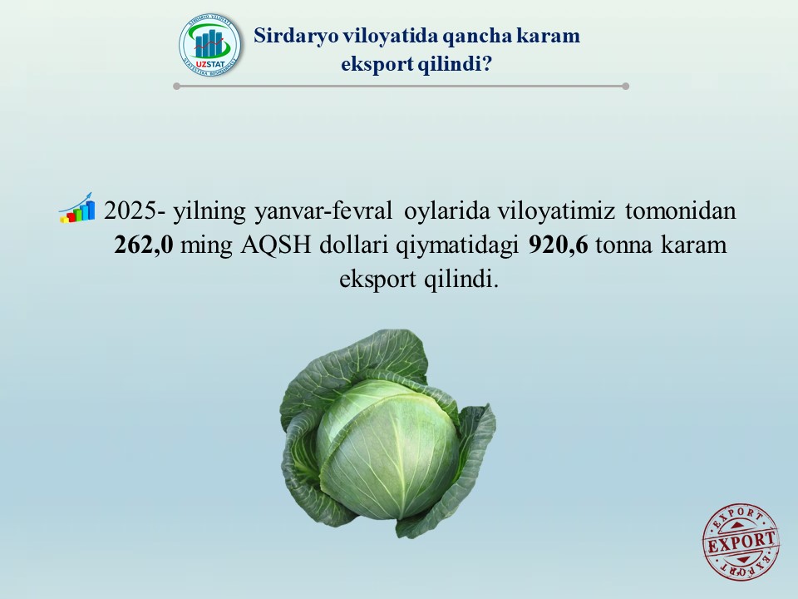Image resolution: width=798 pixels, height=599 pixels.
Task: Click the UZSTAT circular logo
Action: point(209,46)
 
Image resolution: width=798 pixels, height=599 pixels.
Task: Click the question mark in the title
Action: point(486,64)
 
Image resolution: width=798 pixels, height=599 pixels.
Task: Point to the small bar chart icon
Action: point(76,208)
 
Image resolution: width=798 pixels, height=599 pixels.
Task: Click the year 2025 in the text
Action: point(130,210)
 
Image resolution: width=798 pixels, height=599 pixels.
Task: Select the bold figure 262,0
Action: point(144,245)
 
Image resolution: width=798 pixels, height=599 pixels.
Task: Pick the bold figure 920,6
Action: point(559,245)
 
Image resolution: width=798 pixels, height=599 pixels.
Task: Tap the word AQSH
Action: point(276,245)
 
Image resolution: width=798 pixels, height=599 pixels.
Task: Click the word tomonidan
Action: point(681,210)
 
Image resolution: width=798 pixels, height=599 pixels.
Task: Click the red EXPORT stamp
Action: point(741,542)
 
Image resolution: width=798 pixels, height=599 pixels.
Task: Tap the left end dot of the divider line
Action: point(176,86)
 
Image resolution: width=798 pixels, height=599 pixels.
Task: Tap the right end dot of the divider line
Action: point(625,86)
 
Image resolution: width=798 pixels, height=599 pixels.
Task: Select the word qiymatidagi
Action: point(457,245)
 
